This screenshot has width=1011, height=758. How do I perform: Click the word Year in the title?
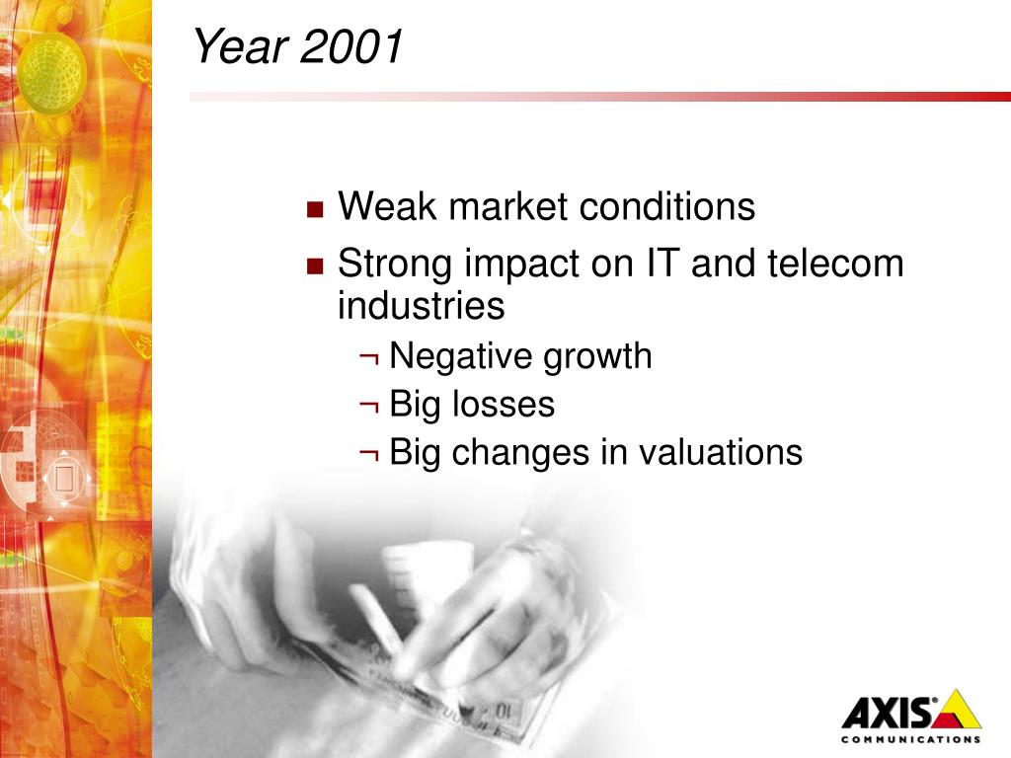coord(240,46)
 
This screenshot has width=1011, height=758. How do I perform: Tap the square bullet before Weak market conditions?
coord(315,209)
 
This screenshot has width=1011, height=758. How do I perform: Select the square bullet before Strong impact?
coord(315,266)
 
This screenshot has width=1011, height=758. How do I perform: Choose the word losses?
coord(503,404)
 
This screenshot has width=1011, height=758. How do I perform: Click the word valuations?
coord(720,452)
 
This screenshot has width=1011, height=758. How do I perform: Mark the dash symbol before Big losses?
coord(369,406)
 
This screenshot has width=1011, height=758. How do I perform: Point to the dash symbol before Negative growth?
coord(369,357)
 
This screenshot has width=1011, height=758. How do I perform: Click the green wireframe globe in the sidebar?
coord(51,72)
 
